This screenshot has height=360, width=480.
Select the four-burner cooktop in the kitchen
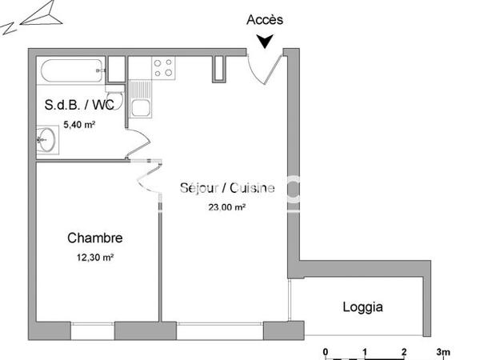click(163, 69)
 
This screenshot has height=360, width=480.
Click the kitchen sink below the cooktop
click(142, 107)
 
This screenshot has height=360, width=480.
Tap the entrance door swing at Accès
click(264, 68)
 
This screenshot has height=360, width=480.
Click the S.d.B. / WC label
click(77, 105)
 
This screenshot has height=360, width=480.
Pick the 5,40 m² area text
click(79, 124)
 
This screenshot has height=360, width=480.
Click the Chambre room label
click(94, 238)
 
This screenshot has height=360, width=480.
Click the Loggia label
click(362, 306)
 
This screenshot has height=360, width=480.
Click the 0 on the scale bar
click(326, 350)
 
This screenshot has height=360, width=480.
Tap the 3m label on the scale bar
click(442, 350)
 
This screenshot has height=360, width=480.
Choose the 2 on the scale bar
click(404, 350)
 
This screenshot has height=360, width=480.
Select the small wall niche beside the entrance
click(218, 70)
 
